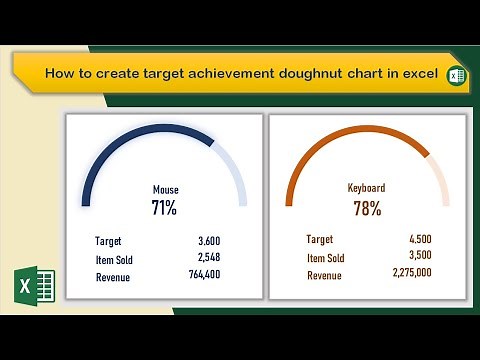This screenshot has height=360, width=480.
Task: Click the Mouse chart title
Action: click(165, 189)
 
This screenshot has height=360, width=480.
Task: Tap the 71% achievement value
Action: click(164, 208)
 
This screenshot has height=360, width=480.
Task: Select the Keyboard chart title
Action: click(367, 187)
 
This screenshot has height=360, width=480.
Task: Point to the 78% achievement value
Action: click(367, 208)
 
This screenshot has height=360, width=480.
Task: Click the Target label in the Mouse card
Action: click(109, 241)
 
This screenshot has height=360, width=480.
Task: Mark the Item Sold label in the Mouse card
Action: click(114, 260)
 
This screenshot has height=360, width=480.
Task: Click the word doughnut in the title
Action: click(297, 75)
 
